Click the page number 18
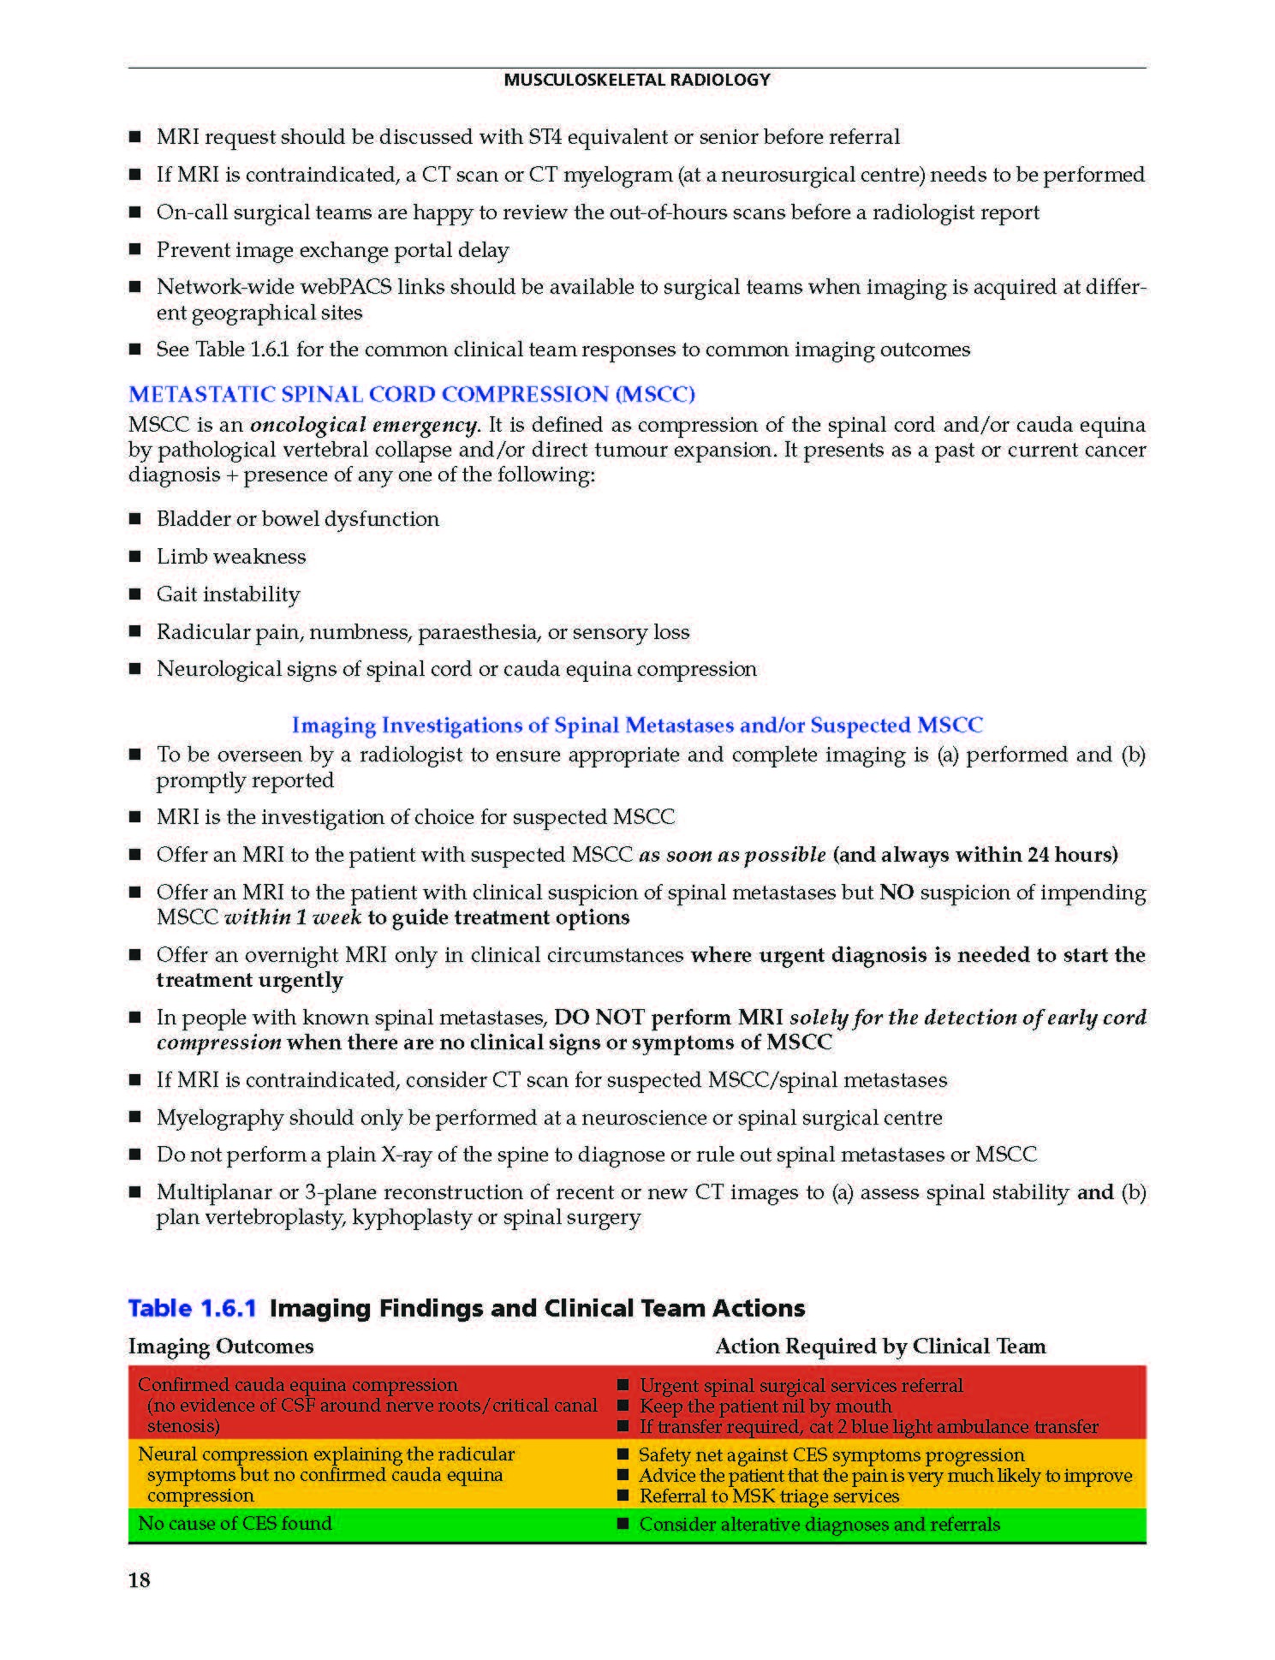pyautogui.click(x=140, y=1580)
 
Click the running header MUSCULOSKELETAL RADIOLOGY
pyautogui.click(x=636, y=80)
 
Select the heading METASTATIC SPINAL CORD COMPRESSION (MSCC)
pyautogui.click(x=411, y=394)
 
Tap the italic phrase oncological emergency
pyautogui.click(x=364, y=425)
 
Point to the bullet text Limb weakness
pyautogui.click(x=230, y=557)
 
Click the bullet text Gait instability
pyautogui.click(x=228, y=594)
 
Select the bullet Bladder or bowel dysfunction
pyautogui.click(x=297, y=519)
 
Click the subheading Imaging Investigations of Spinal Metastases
pyautogui.click(x=637, y=726)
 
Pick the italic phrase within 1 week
pyautogui.click(x=293, y=917)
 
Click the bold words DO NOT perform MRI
pyautogui.click(x=668, y=1018)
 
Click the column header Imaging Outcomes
pyautogui.click(x=221, y=1347)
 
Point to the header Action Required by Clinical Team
pyautogui.click(x=880, y=1347)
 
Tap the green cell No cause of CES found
pyautogui.click(x=235, y=1523)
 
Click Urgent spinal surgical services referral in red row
pyautogui.click(x=801, y=1385)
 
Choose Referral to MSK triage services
pyautogui.click(x=769, y=1496)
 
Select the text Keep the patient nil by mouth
pyautogui.click(x=766, y=1406)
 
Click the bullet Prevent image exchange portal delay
pyautogui.click(x=332, y=250)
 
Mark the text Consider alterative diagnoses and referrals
pyautogui.click(x=819, y=1524)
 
